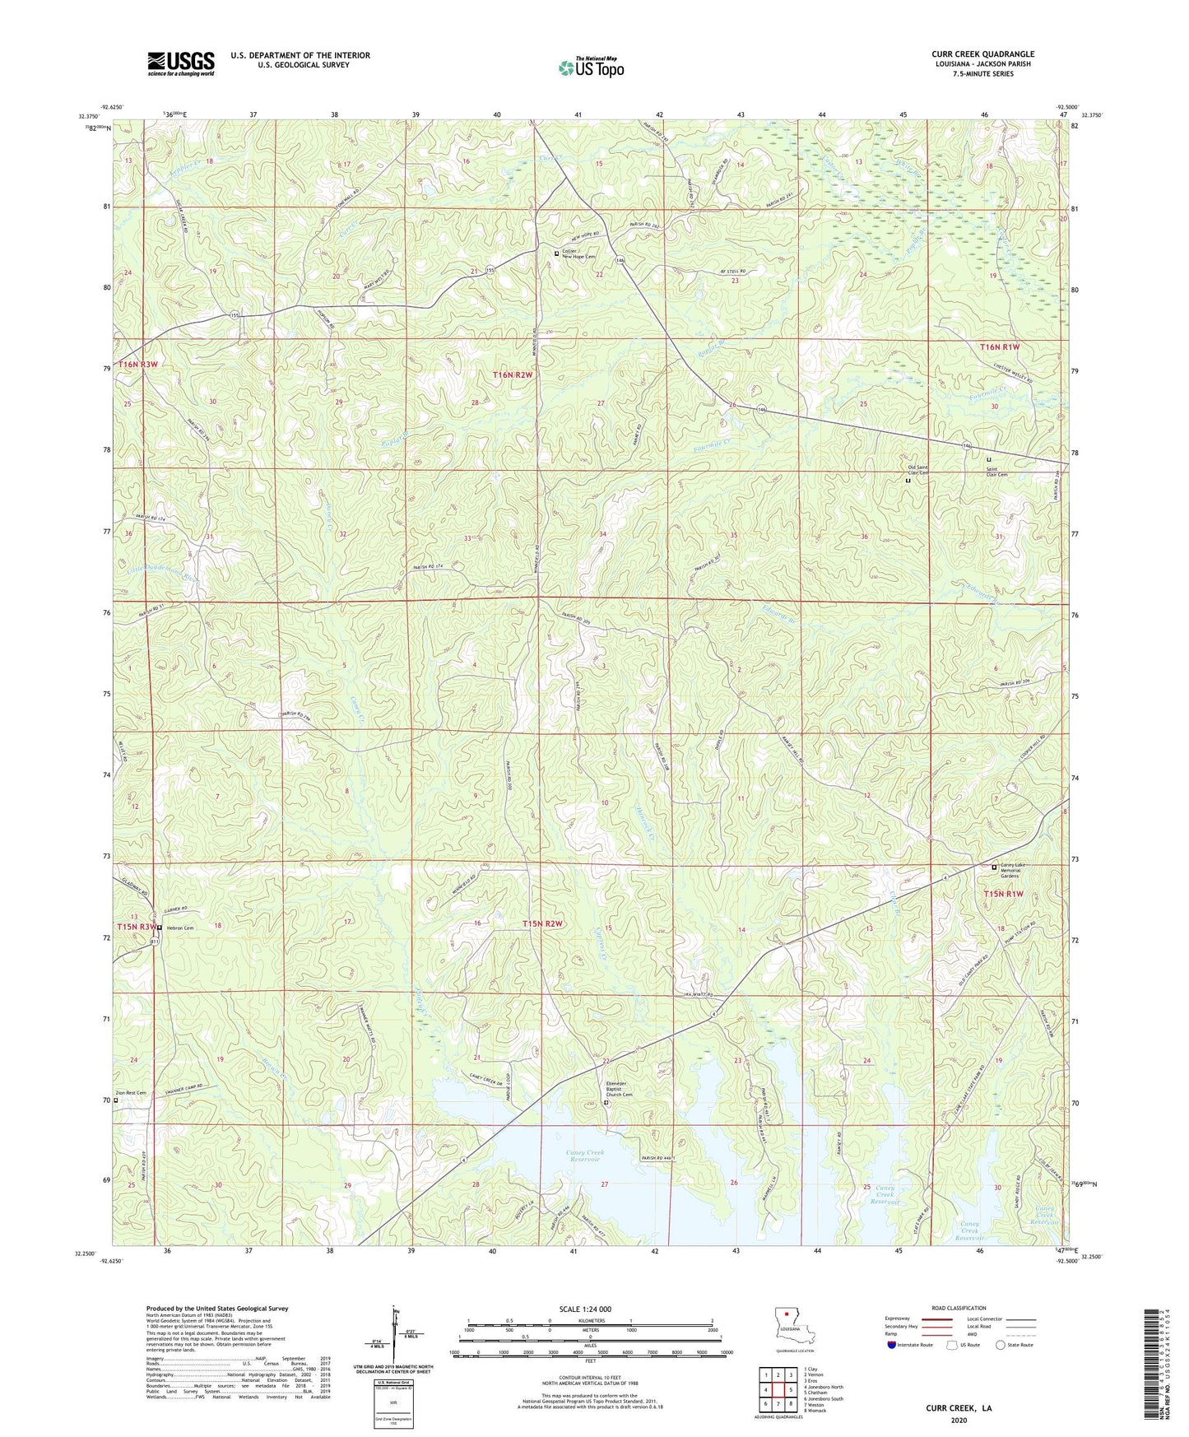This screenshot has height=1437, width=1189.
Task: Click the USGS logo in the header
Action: point(181,63)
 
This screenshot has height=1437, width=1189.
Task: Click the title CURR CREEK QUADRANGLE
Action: point(982,54)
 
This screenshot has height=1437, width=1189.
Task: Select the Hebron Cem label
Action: point(179,928)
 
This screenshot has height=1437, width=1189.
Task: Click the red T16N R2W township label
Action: point(513,375)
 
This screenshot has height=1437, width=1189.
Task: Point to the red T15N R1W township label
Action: point(1004,894)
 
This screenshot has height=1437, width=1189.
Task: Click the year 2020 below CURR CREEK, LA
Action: point(959,1421)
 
